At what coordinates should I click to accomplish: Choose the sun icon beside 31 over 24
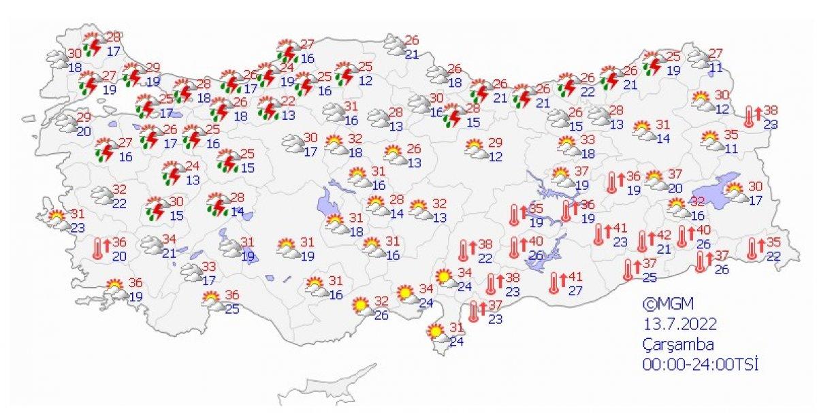(x=434, y=333)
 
